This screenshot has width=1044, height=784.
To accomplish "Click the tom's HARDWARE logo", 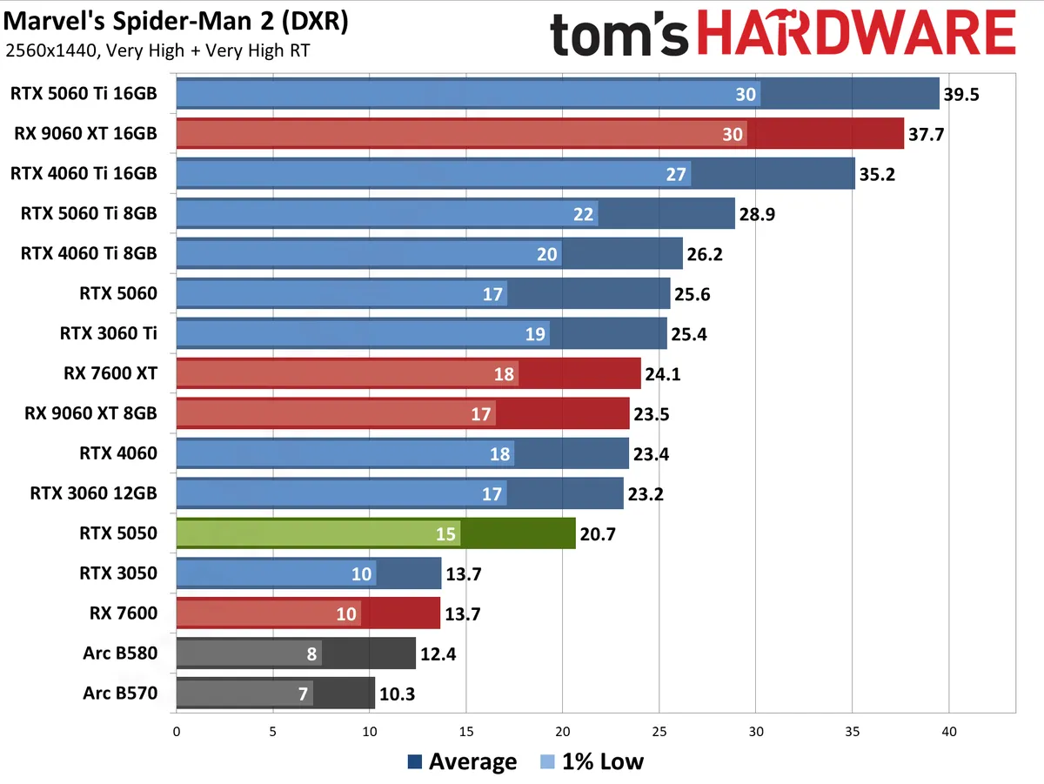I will [782, 36].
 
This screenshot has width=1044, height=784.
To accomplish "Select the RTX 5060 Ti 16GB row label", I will [84, 93].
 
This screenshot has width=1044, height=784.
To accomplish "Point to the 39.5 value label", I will [961, 94].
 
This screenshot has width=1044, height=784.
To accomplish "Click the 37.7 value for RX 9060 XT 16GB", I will [927, 134].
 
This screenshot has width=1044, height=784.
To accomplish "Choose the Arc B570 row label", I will [120, 694].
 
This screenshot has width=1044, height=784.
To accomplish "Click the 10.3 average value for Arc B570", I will [397, 694].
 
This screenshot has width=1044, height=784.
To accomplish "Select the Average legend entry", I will [462, 762].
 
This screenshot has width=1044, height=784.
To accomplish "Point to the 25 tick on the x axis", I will [659, 733].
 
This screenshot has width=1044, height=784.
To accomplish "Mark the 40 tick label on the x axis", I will [949, 733].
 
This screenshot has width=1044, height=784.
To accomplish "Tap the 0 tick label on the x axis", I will [177, 733].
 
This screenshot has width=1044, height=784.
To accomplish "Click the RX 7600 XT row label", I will [110, 373].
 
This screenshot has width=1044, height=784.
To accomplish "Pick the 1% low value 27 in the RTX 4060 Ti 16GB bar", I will [676, 174].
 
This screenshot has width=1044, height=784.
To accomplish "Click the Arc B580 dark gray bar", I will [296, 653].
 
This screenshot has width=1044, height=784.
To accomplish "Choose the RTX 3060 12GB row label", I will [94, 493].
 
